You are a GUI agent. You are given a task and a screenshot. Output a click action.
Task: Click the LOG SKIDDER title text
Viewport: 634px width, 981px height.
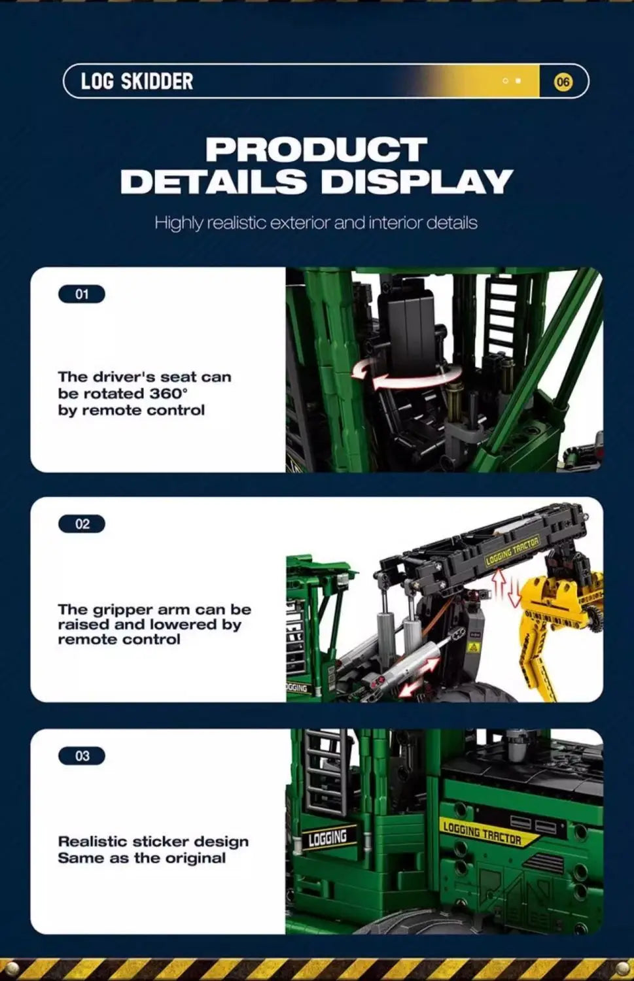137,82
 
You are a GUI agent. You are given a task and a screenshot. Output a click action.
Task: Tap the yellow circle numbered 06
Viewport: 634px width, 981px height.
563,82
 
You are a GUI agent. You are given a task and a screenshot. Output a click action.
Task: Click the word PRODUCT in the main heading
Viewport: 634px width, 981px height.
317,150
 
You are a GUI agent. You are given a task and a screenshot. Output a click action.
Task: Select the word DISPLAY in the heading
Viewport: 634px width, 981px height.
416,182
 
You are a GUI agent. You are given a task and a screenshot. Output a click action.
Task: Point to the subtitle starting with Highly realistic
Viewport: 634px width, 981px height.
316,223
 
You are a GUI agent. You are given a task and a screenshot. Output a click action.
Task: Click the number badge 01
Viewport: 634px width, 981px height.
82,294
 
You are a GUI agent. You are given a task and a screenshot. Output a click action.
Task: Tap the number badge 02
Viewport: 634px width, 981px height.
82,524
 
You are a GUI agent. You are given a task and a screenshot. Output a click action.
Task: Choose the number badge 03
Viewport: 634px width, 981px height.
82,756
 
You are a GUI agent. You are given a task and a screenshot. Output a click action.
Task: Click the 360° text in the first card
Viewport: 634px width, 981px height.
167,394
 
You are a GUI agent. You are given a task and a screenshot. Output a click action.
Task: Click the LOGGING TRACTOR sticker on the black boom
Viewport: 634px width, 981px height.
512,551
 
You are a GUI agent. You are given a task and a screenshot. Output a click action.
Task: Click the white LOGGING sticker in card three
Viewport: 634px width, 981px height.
328,838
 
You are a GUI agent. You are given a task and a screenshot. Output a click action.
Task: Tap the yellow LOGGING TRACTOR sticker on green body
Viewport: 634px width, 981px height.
482,833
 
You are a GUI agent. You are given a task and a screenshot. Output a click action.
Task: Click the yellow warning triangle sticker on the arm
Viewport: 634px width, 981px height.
473,647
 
